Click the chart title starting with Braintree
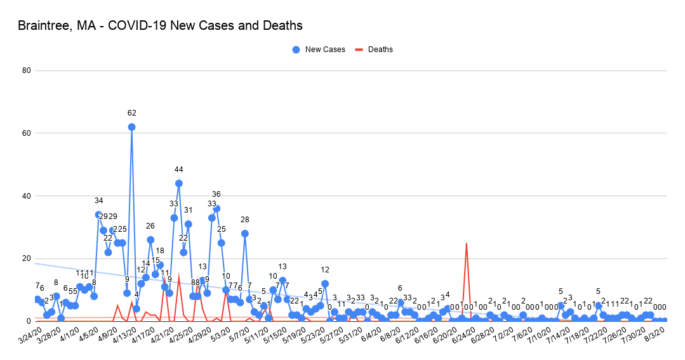[x=160, y=26]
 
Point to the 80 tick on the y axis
[x=27, y=70]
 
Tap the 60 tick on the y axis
[x=27, y=133]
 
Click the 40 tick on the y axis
[x=27, y=196]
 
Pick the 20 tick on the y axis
[x=27, y=258]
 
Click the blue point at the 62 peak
[x=131, y=127]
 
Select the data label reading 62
[x=131, y=113]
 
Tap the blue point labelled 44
[x=179, y=183]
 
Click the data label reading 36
[x=216, y=194]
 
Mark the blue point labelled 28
[x=245, y=234]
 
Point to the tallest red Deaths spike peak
[x=467, y=243]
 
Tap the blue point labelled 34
[x=98, y=215]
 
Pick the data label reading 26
[x=150, y=226]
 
